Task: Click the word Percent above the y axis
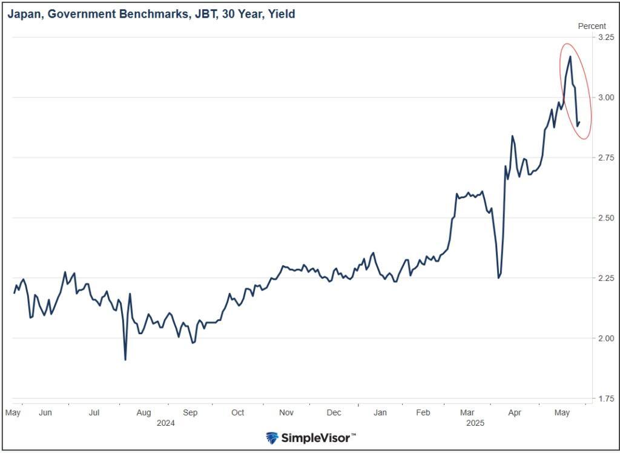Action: pyautogui.click(x=592, y=26)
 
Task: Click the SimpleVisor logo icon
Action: pyautogui.click(x=272, y=438)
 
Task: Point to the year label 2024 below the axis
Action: pyautogui.click(x=165, y=423)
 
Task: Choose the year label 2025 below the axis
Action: pyautogui.click(x=475, y=423)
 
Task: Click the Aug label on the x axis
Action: pyautogui.click(x=143, y=413)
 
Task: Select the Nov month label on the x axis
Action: pyautogui.click(x=286, y=413)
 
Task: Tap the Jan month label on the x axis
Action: pyautogui.click(x=380, y=413)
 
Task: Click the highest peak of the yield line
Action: pyautogui.click(x=570, y=56)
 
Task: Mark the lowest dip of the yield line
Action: pyautogui.click(x=125, y=360)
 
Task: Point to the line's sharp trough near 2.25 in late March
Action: pyautogui.click(x=498, y=278)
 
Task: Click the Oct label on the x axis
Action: pyautogui.click(x=237, y=413)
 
